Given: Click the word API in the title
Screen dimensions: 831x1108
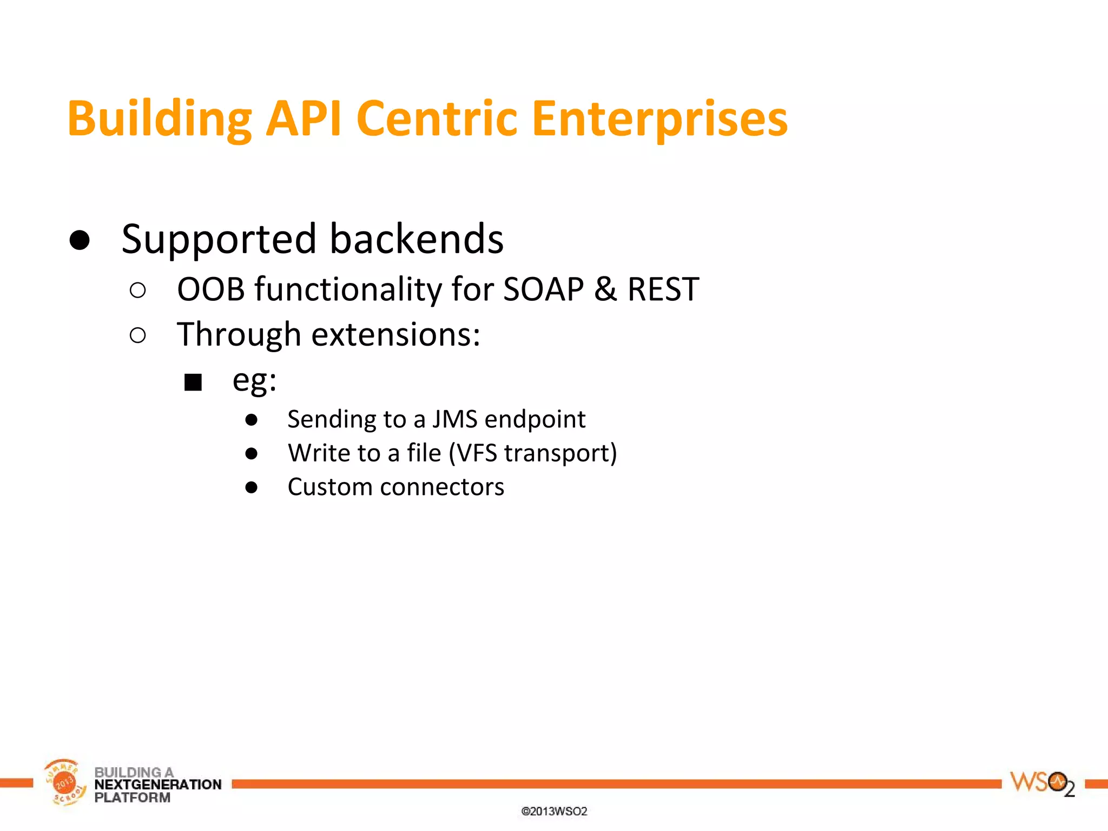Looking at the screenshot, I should click(304, 118).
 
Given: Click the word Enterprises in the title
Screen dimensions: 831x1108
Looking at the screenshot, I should click(659, 118).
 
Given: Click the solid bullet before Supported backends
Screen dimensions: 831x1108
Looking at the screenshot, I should click(80, 240).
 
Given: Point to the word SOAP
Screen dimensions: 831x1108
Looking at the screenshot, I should click(543, 289).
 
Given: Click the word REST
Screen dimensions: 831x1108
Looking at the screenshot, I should click(663, 289).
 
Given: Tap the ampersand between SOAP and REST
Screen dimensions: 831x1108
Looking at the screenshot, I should click(605, 289).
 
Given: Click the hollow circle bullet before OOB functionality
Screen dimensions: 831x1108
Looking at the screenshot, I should click(138, 291).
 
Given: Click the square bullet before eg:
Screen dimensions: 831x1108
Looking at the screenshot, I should click(193, 382).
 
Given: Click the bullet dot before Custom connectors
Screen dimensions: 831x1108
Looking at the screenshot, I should click(251, 487).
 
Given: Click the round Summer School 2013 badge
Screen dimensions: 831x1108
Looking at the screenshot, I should click(64, 782).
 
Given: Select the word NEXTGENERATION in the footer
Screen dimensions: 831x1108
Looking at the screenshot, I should click(157, 784).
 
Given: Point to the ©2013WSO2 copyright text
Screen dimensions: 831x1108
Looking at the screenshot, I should click(554, 811).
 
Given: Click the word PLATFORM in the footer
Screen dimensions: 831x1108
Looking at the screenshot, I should click(132, 798).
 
